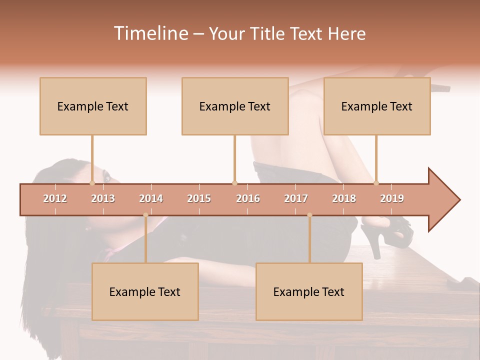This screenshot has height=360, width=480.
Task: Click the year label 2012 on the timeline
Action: (55, 198)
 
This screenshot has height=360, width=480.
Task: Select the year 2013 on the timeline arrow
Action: (103, 198)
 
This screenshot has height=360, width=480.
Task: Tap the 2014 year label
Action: (151, 198)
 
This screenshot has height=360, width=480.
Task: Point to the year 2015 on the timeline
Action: (199, 198)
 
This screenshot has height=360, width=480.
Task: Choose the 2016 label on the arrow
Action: (248, 198)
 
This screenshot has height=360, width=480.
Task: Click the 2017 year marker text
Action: (296, 198)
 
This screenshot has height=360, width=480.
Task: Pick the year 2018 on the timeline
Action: (344, 198)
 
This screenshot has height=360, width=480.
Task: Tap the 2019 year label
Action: (392, 198)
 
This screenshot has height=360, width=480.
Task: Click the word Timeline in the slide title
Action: (150, 33)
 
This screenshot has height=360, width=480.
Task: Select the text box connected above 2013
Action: (93, 106)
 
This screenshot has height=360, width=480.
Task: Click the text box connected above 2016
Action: (235, 106)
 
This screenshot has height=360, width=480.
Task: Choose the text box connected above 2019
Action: (377, 106)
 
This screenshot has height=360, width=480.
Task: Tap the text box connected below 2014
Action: (145, 291)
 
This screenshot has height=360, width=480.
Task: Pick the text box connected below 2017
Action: (309, 291)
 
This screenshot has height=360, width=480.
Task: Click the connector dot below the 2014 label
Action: (145, 215)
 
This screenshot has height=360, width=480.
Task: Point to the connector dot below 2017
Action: (309, 215)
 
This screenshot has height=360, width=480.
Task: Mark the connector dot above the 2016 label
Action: (234, 183)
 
